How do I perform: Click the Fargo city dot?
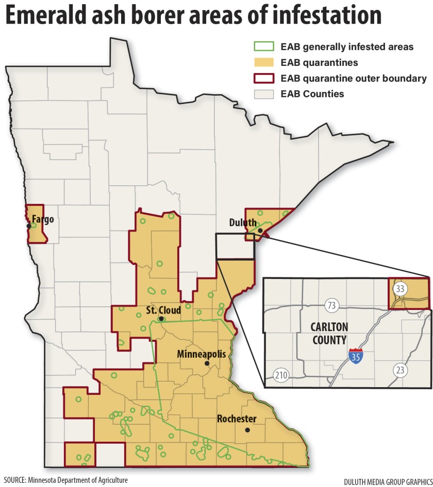coord(29,225)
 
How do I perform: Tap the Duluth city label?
coord(243,222)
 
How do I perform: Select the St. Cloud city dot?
coord(161,319)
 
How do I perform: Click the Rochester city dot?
coord(247,430)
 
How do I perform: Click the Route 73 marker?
coord(331,305)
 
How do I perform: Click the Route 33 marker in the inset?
coord(399,289)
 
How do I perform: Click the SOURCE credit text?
coord(65,480)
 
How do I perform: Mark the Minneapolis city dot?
coord(206,363)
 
